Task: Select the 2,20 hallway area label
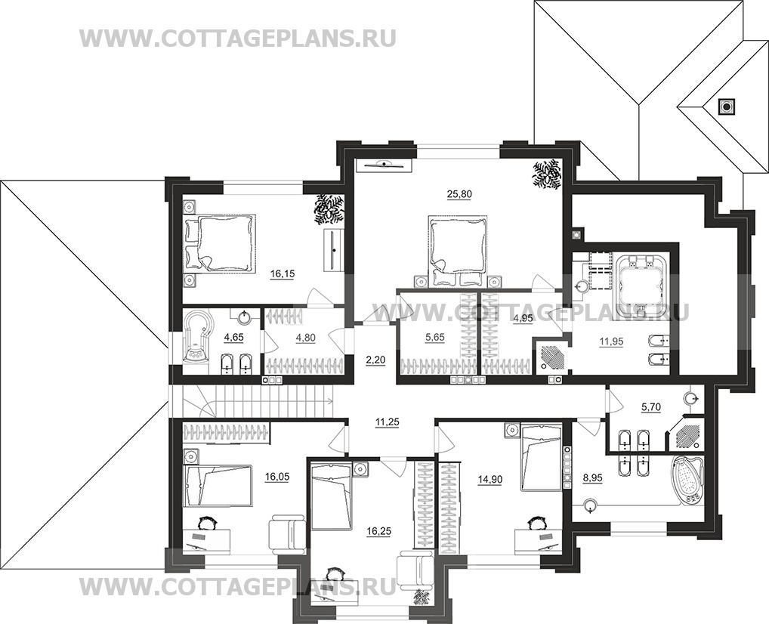point(375,361)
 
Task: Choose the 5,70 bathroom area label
point(652,407)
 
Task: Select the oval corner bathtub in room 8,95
point(688,480)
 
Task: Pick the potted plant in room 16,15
point(329,209)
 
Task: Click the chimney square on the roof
point(727,107)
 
